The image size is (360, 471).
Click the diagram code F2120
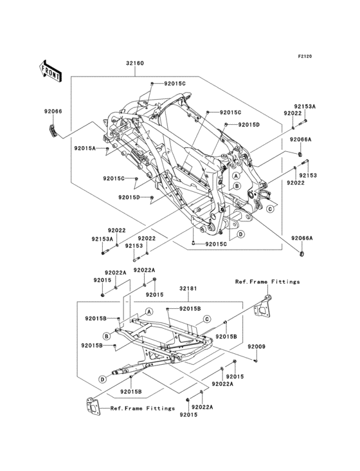(x=305, y=56)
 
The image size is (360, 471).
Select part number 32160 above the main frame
(x=135, y=64)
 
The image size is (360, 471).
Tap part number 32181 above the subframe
(x=188, y=288)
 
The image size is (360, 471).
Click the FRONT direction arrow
(x=50, y=71)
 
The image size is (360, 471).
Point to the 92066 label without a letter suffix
(x=53, y=111)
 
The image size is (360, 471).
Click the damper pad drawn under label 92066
(x=53, y=131)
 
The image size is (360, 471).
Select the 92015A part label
(x=85, y=148)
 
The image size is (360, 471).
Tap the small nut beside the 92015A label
(x=107, y=149)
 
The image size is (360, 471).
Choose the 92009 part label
(x=256, y=346)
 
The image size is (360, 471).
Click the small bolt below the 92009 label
(x=256, y=360)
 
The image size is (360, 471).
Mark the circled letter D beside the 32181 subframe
(x=103, y=380)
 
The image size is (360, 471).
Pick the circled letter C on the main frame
(x=270, y=208)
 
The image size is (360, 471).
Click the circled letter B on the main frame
(x=237, y=186)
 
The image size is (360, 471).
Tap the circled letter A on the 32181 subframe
(x=149, y=312)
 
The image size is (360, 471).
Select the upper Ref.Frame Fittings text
(x=267, y=282)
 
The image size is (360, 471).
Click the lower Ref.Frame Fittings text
(x=143, y=409)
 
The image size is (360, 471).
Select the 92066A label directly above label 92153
(x=301, y=140)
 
